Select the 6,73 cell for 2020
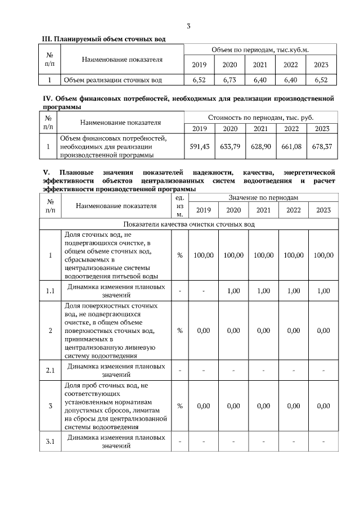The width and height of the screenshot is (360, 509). [229, 80]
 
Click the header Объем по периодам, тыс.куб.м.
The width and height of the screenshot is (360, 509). [260, 50]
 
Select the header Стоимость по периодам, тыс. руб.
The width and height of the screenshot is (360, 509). [260, 118]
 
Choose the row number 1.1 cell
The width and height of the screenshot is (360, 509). [51, 290]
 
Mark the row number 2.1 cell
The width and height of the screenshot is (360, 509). [51, 370]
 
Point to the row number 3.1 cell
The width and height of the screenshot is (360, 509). [51, 441]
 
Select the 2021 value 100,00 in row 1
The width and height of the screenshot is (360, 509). [263, 255]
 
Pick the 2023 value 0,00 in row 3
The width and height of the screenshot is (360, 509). [323, 406]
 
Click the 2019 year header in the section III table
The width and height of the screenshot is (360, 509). [199, 65]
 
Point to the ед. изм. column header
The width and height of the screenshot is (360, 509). [179, 206]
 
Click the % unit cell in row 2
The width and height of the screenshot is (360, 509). [179, 331]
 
